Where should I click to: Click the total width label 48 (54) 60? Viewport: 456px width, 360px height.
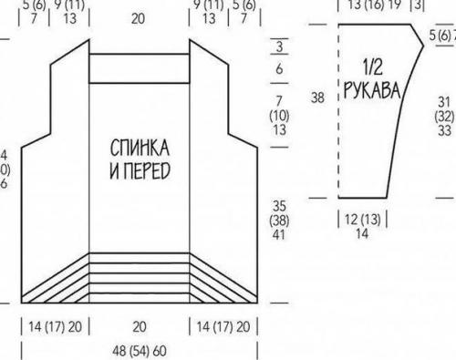click(140, 351)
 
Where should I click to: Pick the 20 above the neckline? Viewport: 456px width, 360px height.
click(140, 16)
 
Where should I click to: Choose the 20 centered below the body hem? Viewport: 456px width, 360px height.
click(140, 325)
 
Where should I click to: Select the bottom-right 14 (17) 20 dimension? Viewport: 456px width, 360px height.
click(227, 325)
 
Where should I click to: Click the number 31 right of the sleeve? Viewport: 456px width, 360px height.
click(445, 100)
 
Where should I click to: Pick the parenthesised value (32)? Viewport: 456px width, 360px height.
click(445, 116)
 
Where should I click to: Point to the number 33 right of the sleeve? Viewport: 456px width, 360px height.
click(445, 130)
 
